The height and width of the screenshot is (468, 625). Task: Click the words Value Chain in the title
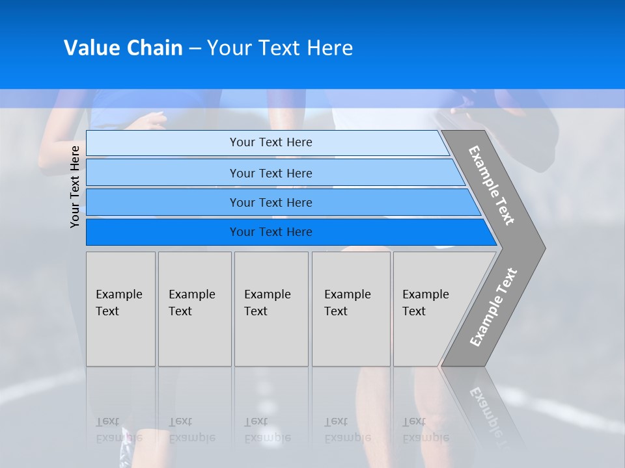click(x=123, y=48)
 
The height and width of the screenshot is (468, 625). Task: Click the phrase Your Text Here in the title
click(x=280, y=48)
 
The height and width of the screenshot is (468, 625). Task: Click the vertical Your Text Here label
click(x=75, y=187)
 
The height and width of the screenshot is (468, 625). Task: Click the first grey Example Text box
click(x=120, y=309)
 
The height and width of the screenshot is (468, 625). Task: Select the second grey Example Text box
click(x=195, y=309)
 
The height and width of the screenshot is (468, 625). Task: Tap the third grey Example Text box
click(x=271, y=309)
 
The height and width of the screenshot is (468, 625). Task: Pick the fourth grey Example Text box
click(x=350, y=309)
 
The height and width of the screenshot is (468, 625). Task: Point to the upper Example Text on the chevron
click(x=492, y=185)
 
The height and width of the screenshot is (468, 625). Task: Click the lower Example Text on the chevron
click(x=493, y=307)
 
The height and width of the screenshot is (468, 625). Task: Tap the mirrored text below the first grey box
click(x=118, y=430)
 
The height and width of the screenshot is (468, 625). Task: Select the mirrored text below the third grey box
click(x=267, y=430)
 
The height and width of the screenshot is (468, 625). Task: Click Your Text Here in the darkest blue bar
click(x=271, y=232)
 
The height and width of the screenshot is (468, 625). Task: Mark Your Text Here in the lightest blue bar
click(x=271, y=142)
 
